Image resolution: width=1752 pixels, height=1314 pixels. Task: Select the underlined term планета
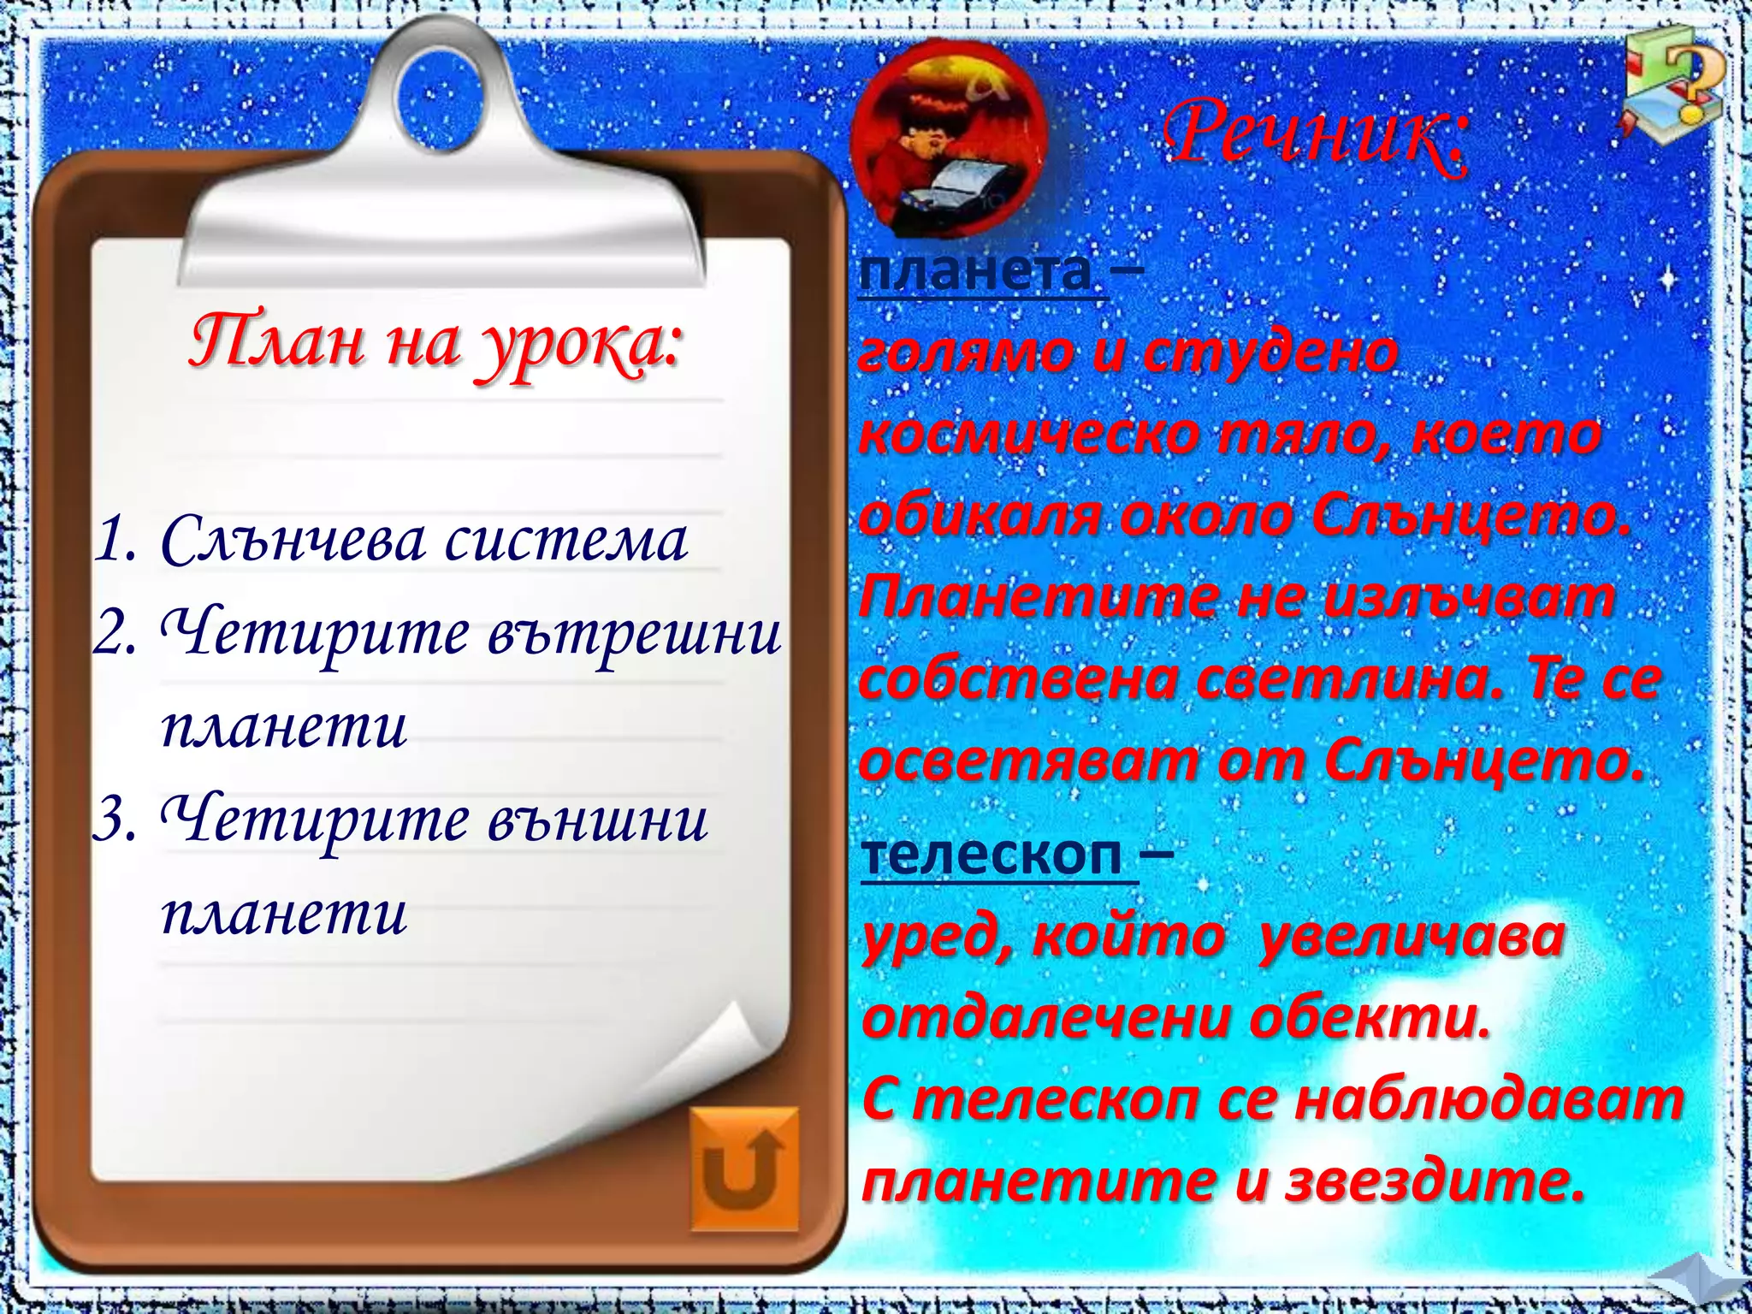pos(975,274)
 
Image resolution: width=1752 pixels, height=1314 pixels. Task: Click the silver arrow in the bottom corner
pos(1702,1288)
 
